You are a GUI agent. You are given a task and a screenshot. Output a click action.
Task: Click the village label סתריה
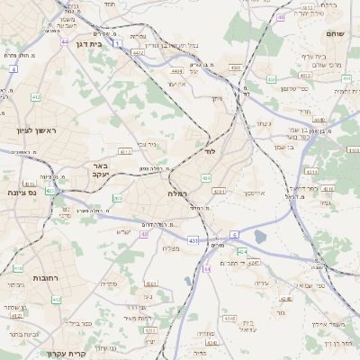(x=108, y=284)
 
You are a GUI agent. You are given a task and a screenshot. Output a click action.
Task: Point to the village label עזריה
(x=262, y=283)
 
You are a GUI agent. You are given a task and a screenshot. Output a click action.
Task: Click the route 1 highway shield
(x=118, y=42)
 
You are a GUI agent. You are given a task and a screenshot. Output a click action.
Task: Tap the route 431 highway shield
(x=193, y=240)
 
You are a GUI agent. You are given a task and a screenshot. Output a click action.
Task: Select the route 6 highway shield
(x=235, y=234)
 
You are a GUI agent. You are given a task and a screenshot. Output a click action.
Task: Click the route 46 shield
(x=282, y=16)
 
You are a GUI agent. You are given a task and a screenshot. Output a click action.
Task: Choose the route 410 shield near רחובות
(x=18, y=268)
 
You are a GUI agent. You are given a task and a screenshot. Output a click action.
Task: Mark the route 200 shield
(x=117, y=198)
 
